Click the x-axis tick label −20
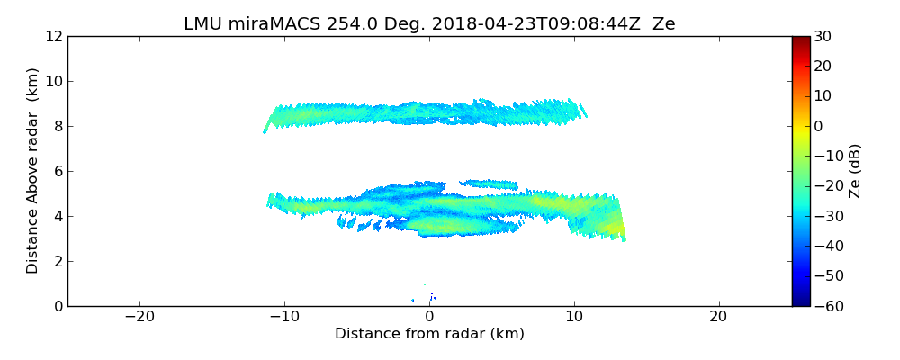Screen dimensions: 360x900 point(139,317)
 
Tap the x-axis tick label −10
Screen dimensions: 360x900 point(284,317)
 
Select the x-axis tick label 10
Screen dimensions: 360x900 point(574,317)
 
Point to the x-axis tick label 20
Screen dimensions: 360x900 point(718,317)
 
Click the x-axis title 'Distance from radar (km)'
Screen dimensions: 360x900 point(429,334)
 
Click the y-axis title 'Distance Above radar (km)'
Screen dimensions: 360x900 point(33,170)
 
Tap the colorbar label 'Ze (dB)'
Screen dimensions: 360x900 point(855,170)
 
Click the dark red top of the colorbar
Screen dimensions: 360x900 point(801,40)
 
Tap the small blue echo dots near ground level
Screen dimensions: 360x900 point(433,297)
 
